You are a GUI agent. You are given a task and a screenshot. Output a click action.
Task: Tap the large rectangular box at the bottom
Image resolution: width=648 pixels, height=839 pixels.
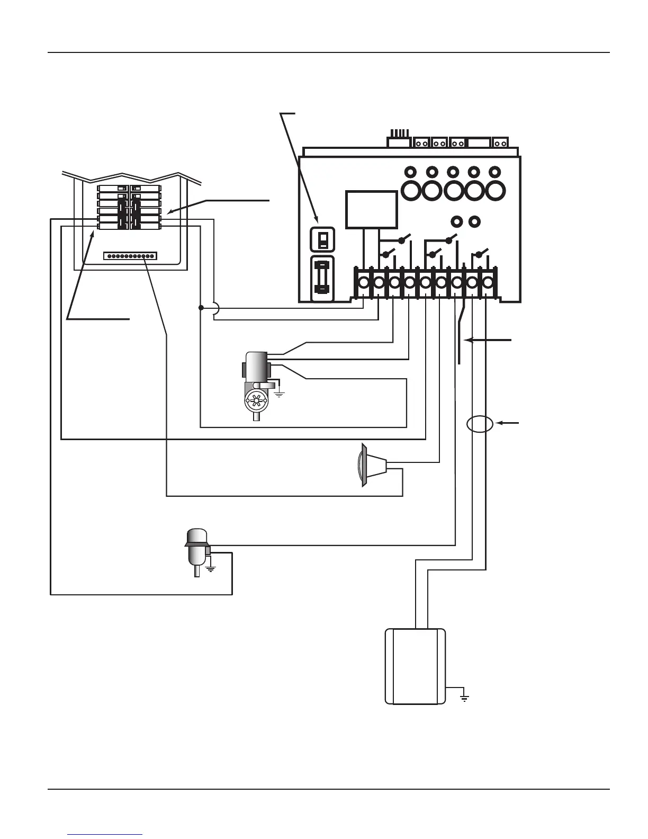click(x=416, y=666)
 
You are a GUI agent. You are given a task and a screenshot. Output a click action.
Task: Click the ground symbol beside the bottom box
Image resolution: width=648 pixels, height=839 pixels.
click(x=464, y=697)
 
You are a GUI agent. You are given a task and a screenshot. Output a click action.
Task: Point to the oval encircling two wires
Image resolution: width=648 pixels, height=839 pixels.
click(x=480, y=424)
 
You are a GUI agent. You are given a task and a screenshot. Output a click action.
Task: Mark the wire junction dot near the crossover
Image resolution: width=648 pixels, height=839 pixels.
click(x=201, y=308)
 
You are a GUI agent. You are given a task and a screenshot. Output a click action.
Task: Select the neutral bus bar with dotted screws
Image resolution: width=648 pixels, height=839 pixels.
click(x=130, y=256)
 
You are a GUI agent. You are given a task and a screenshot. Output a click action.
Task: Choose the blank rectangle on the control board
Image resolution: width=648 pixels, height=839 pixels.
click(x=371, y=210)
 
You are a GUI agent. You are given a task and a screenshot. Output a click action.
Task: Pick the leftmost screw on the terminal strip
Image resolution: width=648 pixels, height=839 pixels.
click(x=364, y=283)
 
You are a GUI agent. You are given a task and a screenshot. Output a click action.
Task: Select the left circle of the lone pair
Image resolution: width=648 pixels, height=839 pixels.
click(x=455, y=221)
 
